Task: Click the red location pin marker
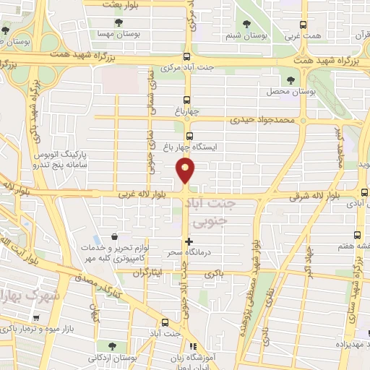click(x=186, y=171)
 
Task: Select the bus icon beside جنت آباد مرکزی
click(x=187, y=57)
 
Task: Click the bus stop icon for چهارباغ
click(x=187, y=100)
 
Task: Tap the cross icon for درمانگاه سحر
click(x=189, y=241)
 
